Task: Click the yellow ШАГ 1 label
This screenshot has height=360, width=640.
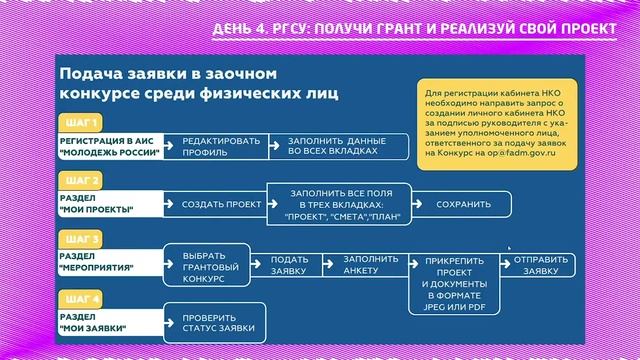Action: [82, 123]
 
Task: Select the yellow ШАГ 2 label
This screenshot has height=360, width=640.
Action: [82, 181]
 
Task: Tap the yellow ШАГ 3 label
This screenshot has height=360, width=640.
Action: [82, 240]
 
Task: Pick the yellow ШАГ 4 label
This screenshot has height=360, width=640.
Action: [82, 299]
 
